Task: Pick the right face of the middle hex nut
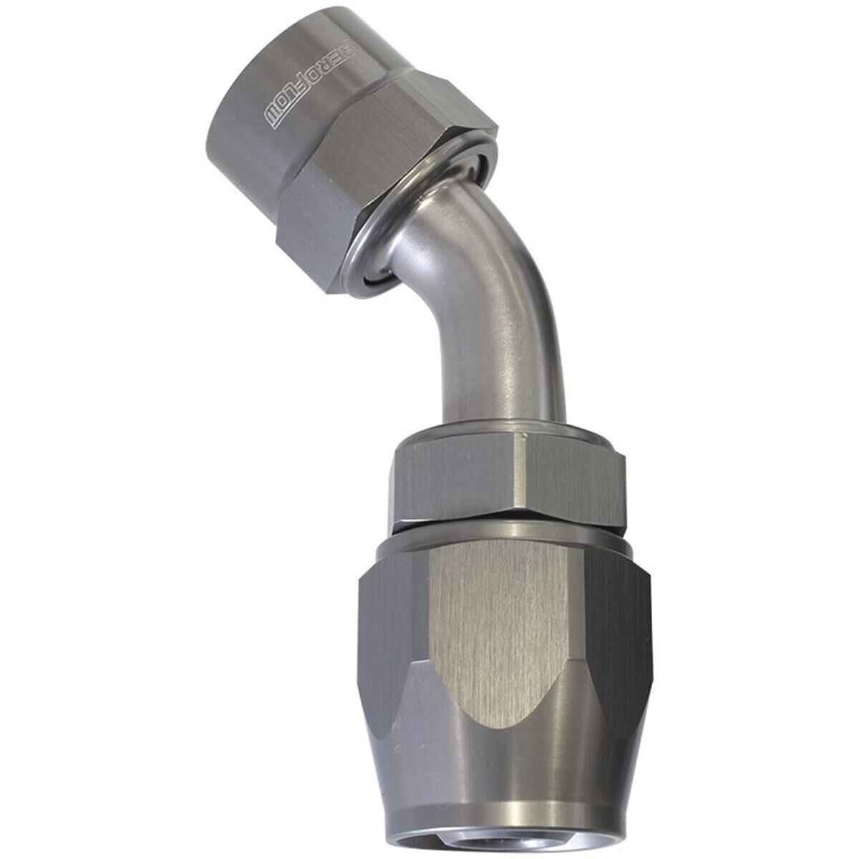(570, 479)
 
